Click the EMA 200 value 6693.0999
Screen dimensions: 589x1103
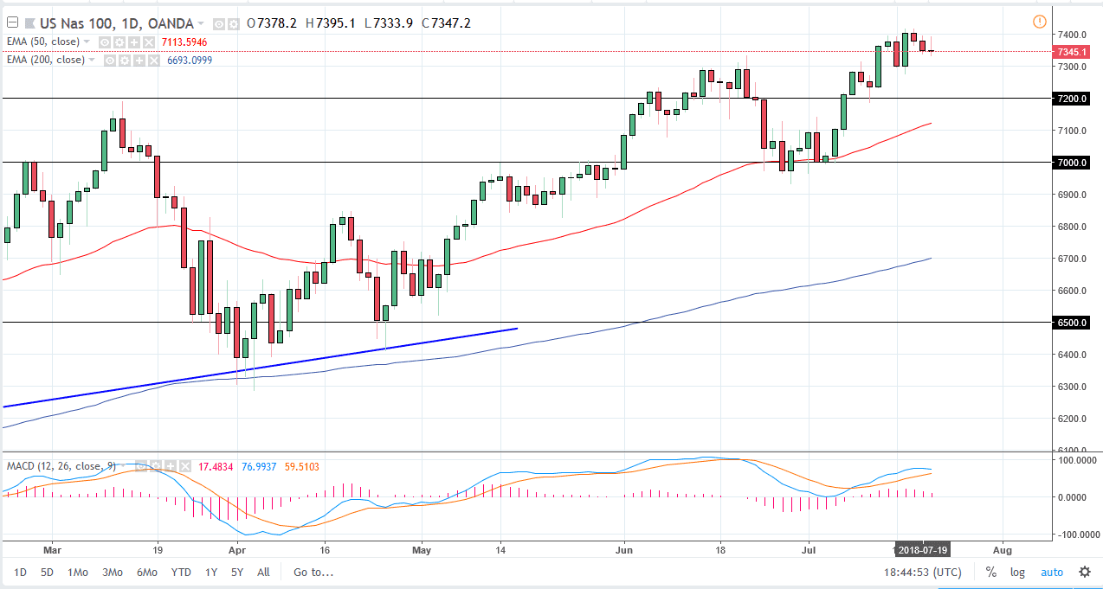click(184, 60)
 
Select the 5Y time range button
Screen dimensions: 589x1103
click(237, 572)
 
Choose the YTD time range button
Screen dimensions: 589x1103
click(181, 572)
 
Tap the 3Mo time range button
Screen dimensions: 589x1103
click(112, 572)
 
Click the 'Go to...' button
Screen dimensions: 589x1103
click(313, 572)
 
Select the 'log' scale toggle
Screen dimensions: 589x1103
click(1017, 572)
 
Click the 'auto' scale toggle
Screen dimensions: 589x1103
click(1051, 572)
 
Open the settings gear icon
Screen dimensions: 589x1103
click(1084, 572)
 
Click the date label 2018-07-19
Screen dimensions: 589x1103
click(924, 549)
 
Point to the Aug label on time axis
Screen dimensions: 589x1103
click(1002, 549)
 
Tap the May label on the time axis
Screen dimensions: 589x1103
click(422, 549)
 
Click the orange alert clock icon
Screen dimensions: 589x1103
click(1039, 22)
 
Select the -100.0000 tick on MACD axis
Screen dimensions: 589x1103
click(1074, 535)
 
